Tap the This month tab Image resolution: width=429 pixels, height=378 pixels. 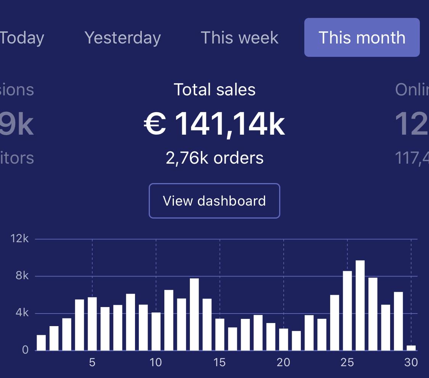coord(362,38)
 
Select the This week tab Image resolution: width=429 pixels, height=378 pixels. coord(239,38)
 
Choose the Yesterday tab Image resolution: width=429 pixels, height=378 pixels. coord(122,38)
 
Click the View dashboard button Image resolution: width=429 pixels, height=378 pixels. coord(214,201)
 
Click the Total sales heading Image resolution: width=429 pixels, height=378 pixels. coord(215,90)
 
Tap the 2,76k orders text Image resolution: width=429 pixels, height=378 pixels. coord(215,158)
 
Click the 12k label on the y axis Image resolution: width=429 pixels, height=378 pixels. coord(20,239)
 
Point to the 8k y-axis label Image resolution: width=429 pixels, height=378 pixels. coord(22,276)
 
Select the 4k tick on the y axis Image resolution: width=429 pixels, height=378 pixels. coord(22,313)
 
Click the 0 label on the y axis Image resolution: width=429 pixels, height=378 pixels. coord(26,350)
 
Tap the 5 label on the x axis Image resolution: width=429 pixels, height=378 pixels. coord(92,362)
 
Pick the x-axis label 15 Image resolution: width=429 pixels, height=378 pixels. coord(220,362)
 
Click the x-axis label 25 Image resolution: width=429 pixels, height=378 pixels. coord(347,362)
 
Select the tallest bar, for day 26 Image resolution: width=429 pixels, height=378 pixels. coord(360,305)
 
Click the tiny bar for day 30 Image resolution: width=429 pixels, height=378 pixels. coord(411,348)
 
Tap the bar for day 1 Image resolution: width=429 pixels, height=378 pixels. coord(41,343)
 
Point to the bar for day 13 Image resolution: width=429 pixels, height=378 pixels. coord(194,314)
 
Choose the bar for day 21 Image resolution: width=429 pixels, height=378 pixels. coord(296,341)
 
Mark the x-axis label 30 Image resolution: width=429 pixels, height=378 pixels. coord(411,362)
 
